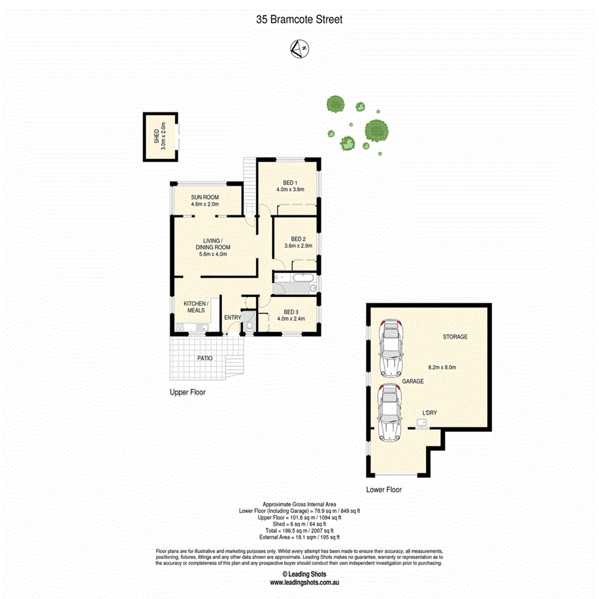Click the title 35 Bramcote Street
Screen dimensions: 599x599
pos(299,20)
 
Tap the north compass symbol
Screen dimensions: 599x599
pos(299,48)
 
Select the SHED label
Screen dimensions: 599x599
pos(156,137)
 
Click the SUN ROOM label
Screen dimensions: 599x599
pos(205,197)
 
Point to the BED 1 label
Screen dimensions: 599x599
pos(290,182)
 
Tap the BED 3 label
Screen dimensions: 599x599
pos(290,311)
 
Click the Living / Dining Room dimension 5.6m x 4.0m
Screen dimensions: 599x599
pos(214,254)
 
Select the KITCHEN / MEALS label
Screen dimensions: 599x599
pos(196,307)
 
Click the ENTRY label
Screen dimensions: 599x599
pos(232,317)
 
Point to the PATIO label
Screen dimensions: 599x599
pos(205,358)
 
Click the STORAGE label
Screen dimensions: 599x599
pos(455,337)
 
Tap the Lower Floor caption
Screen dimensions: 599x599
pos(384,489)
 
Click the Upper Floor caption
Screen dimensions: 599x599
pos(188,393)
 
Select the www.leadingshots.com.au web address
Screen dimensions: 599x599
pos(305,582)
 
